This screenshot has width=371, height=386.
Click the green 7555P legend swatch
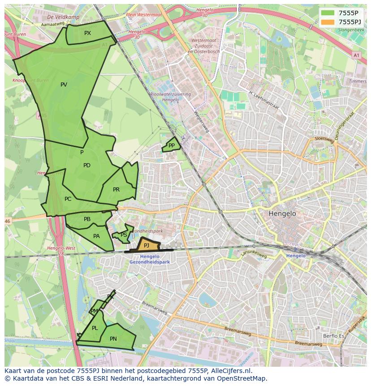[x=328, y=13]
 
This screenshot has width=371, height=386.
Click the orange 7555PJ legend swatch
[x=328, y=22]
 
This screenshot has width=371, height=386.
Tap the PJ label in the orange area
[x=147, y=245]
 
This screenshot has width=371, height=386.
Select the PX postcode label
[x=87, y=33]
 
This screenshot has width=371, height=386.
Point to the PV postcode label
[x=64, y=85]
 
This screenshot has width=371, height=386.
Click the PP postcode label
[x=172, y=145]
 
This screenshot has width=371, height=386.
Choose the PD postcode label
[x=87, y=165]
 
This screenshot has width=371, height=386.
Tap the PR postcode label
[x=116, y=190]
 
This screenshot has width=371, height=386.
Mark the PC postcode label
[x=68, y=199]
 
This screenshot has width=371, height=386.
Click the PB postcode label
[x=87, y=219]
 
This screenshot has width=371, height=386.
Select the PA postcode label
[x=96, y=236]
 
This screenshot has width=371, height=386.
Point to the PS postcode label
[x=124, y=235]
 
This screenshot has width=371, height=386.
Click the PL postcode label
[x=95, y=328]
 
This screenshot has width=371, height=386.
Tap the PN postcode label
[x=113, y=339]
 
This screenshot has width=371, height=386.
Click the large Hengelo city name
[x=282, y=214]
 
